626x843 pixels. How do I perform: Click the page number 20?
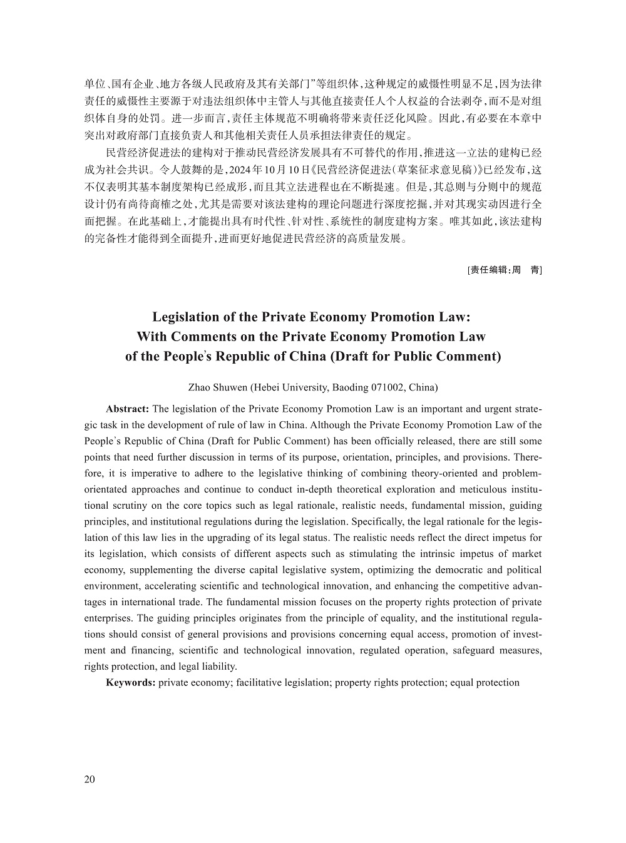(90, 779)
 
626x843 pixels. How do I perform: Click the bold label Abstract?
(127, 409)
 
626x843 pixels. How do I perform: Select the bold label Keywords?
(130, 682)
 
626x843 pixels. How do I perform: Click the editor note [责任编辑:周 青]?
(504, 270)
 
